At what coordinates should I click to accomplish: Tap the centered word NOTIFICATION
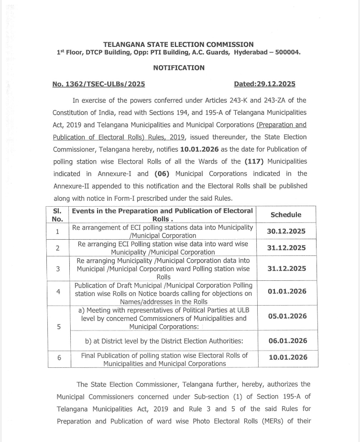179,68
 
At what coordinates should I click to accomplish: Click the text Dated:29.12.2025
264,84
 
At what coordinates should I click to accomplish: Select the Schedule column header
286,215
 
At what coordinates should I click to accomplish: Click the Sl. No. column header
57,215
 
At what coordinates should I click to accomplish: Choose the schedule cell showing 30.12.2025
286,232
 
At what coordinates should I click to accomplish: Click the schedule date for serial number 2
286,248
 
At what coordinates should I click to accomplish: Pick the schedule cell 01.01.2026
286,291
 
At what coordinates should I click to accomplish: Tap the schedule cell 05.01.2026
286,316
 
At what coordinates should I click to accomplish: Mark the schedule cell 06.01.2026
286,341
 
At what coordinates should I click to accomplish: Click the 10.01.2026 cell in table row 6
286,357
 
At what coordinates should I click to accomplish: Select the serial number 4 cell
57,293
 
